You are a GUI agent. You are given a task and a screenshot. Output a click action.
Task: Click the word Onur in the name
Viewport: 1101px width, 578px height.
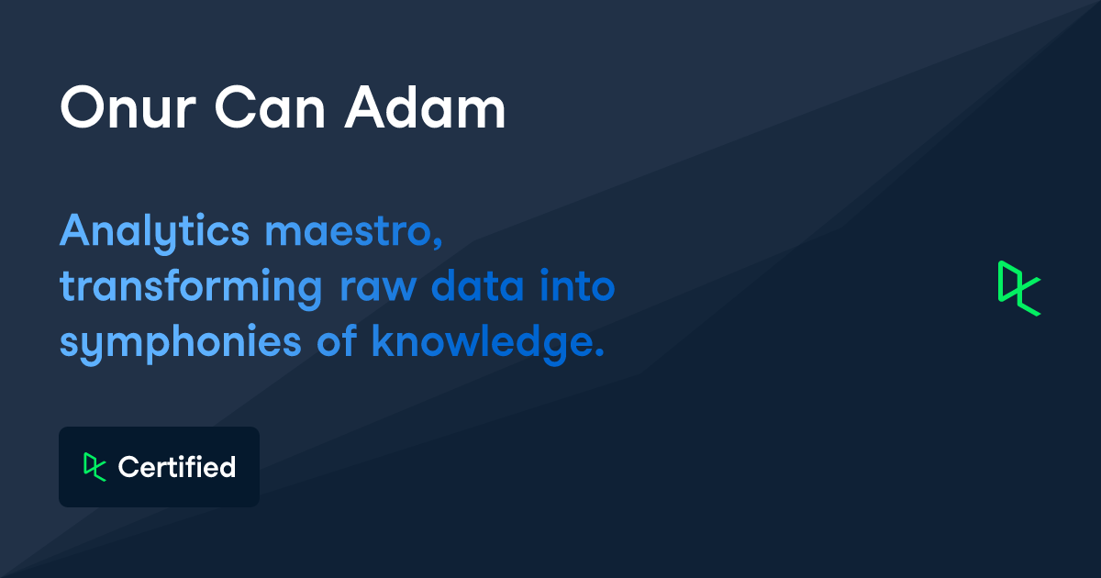tap(128, 107)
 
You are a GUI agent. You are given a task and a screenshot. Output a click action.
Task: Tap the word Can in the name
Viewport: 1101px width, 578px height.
tap(270, 107)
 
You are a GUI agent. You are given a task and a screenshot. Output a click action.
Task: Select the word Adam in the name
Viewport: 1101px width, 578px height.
tap(425, 107)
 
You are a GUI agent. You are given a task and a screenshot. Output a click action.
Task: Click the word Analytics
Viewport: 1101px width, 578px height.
tap(154, 232)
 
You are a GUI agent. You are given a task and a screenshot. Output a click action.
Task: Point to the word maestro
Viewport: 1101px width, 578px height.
tap(349, 231)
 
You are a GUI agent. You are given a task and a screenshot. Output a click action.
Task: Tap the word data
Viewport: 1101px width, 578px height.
tap(478, 286)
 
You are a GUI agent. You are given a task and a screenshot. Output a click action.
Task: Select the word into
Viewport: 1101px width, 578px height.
tap(577, 286)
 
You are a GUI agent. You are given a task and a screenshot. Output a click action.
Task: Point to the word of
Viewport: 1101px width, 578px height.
tap(336, 340)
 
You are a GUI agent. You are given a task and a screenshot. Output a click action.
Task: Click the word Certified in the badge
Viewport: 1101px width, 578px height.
tap(177, 467)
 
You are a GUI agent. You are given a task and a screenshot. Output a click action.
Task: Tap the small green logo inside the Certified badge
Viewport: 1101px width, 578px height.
tap(95, 467)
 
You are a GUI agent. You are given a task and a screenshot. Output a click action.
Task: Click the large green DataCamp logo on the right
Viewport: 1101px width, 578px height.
tap(1019, 288)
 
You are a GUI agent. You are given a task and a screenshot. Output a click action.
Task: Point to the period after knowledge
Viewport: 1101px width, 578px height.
tap(598, 352)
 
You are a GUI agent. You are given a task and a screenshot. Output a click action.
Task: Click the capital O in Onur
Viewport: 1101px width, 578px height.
tap(82, 107)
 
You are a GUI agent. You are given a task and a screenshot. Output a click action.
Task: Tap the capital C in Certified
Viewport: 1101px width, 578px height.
tap(129, 467)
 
